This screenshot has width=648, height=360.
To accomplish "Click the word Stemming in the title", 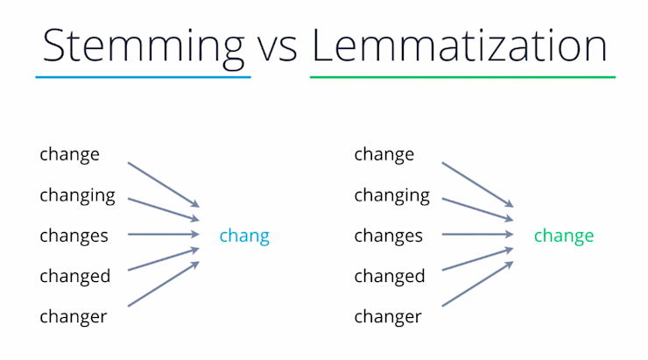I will pos(144,45).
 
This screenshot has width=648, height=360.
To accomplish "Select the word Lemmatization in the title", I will pos(459,45).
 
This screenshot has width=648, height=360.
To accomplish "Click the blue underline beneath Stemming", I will pos(143,78).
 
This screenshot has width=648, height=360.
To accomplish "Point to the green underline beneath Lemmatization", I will pos(462,78).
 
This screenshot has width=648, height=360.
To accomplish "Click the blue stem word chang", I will pos(244,236).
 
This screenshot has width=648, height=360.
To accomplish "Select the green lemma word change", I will pos(563,236).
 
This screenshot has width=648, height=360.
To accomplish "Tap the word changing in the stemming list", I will pos(77,195).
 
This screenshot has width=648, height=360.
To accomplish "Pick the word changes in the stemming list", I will pos(74,236).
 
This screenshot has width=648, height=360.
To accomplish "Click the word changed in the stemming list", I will pos(74,276).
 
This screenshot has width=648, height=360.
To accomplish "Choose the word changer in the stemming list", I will pos(74,316).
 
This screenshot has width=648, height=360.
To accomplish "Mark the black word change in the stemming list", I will pos(69,155).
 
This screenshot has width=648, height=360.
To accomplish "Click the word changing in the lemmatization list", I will pos(391,195).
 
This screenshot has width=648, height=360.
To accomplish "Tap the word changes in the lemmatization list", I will pos(388,236).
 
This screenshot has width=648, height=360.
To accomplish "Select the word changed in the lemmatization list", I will pos(389,276).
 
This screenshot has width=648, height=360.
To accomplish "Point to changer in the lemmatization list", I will pos(388,316).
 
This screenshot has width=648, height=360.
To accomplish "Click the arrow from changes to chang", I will pos(164,235).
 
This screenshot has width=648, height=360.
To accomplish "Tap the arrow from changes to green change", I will pos(478,235).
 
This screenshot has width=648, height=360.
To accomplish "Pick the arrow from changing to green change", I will pos(477,209).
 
